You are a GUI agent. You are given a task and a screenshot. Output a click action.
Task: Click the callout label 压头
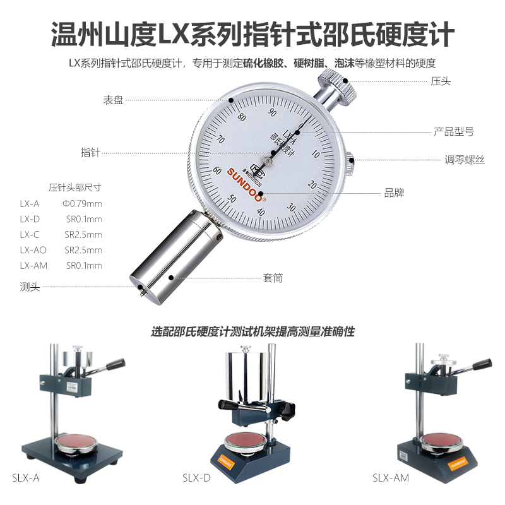click(441, 81)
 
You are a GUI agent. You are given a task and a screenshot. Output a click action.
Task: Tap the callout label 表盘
click(114, 100)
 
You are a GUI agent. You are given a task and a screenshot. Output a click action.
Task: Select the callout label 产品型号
click(454, 132)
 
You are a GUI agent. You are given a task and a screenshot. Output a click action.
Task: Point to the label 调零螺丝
click(464, 160)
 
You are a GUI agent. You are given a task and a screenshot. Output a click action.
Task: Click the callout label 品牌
click(395, 193)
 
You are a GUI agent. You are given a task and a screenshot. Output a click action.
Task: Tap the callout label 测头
click(30, 287)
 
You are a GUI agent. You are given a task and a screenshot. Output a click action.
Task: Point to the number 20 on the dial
click(311, 185)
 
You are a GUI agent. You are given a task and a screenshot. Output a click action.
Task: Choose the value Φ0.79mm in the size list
click(82, 203)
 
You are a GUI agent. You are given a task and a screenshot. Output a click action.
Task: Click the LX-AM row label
click(33, 266)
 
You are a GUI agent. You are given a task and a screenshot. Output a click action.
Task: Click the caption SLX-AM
click(390, 478)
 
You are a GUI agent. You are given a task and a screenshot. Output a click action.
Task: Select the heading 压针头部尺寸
click(75, 187)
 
